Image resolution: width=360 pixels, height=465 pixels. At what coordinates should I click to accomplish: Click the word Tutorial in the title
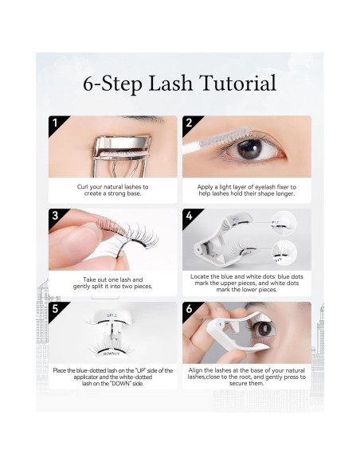pos(238,83)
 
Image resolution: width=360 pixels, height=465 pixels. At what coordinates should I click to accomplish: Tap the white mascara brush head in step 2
pos(225,138)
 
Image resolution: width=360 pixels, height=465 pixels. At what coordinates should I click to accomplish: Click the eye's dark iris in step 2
pos(249,149)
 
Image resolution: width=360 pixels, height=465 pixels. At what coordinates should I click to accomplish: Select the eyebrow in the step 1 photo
pos(143,119)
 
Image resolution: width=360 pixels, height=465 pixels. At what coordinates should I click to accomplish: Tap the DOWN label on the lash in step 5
pos(112,354)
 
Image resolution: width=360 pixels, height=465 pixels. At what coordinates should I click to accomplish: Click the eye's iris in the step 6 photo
pos(264,329)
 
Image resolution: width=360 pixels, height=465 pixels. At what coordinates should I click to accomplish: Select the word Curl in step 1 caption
pos(83,187)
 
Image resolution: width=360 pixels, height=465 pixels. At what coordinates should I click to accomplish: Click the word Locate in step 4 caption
pos(200,276)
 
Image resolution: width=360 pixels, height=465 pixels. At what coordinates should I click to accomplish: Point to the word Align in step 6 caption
pos(195,370)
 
